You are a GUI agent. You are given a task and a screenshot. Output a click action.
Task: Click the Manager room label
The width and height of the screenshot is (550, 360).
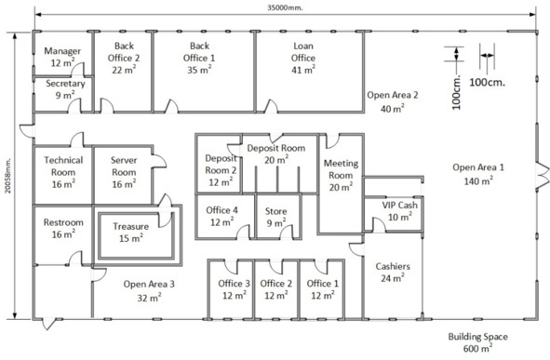[x=62, y=51]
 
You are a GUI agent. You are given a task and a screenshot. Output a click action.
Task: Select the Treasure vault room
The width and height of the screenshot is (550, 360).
[x=137, y=235]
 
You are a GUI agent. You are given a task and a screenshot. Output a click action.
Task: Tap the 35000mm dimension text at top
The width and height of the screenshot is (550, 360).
[x=285, y=7]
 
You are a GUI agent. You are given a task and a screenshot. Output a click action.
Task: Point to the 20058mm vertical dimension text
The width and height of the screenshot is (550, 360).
[x=8, y=175]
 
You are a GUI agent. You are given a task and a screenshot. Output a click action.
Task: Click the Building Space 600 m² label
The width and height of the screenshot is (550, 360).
[x=477, y=342]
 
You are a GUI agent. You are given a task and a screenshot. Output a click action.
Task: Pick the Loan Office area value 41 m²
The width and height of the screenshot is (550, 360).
[x=303, y=70]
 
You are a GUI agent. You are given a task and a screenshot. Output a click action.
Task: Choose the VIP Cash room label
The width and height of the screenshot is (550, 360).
[x=399, y=205]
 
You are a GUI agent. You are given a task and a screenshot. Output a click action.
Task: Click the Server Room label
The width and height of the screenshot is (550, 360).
[x=124, y=167]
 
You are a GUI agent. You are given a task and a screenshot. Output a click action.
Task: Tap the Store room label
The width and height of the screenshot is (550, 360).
[x=275, y=211]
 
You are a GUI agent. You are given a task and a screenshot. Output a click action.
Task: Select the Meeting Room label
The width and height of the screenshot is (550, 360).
[x=341, y=169]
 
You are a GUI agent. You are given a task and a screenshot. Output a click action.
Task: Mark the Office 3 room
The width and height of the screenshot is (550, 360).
[x=231, y=289]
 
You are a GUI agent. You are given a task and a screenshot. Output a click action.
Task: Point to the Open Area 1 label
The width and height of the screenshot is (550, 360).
[x=478, y=167]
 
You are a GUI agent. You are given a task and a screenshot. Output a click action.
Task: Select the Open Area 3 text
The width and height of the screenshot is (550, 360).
[x=149, y=284]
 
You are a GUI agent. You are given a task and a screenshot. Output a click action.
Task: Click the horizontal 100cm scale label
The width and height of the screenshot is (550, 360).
[x=488, y=83]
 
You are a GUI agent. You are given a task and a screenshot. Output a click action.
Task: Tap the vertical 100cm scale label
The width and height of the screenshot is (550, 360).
[x=456, y=92]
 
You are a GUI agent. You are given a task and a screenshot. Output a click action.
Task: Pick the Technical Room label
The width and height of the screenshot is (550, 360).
[x=63, y=167]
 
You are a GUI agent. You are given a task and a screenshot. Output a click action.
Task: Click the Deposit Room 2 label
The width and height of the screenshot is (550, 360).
[x=221, y=164]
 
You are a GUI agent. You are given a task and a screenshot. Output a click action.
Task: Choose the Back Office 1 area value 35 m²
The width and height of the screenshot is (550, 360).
[x=199, y=70]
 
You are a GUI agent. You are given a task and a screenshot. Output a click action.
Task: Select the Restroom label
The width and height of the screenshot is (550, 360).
[x=63, y=222]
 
